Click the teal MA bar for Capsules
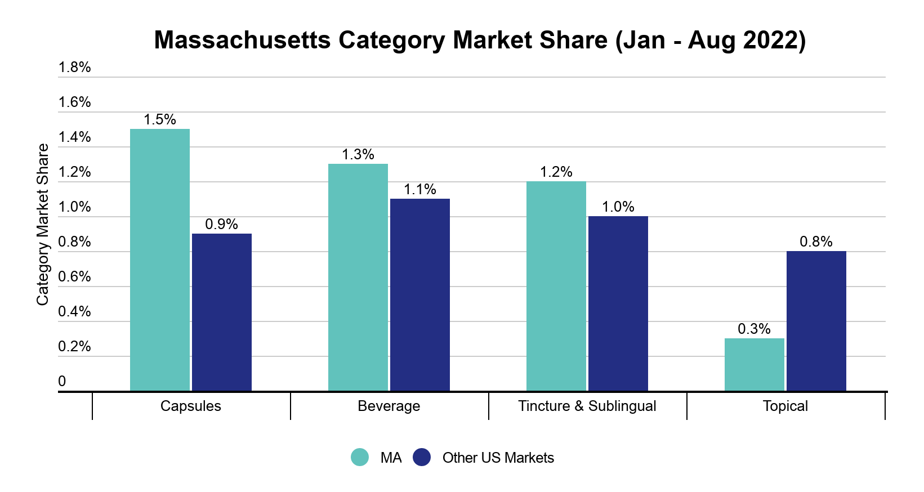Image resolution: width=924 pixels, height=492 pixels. pyautogui.click(x=159, y=260)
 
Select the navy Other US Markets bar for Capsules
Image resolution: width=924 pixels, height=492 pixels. pyautogui.click(x=221, y=312)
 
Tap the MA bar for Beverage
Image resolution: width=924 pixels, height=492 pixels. pyautogui.click(x=358, y=277)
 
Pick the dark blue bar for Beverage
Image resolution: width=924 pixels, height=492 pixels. pyautogui.click(x=419, y=294)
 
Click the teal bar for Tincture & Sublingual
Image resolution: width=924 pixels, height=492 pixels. pyautogui.click(x=556, y=286)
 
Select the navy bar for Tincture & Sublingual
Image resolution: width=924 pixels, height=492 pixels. pyautogui.click(x=618, y=303)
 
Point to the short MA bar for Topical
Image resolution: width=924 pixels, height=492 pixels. pyautogui.click(x=754, y=364)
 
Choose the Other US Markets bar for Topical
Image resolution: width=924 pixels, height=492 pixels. pyautogui.click(x=816, y=321)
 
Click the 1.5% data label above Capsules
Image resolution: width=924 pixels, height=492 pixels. pyautogui.click(x=159, y=120)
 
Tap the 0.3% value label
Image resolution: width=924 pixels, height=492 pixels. pyautogui.click(x=754, y=329)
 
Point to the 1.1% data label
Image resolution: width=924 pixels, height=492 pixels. pyautogui.click(x=419, y=190)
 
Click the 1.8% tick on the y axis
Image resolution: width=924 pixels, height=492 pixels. pyautogui.click(x=74, y=68)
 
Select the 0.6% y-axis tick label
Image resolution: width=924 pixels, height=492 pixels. pyautogui.click(x=74, y=277)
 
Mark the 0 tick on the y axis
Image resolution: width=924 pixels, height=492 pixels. pyautogui.click(x=62, y=382)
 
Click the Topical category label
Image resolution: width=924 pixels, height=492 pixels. pyautogui.click(x=785, y=406)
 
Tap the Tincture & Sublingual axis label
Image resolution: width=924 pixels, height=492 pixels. pyautogui.click(x=587, y=406)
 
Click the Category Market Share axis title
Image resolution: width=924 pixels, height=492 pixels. pyautogui.click(x=43, y=225)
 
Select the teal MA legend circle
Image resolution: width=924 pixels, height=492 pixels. pyautogui.click(x=360, y=458)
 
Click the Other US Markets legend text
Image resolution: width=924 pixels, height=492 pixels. pyautogui.click(x=498, y=458)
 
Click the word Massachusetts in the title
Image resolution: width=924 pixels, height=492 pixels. pyautogui.click(x=242, y=41)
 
